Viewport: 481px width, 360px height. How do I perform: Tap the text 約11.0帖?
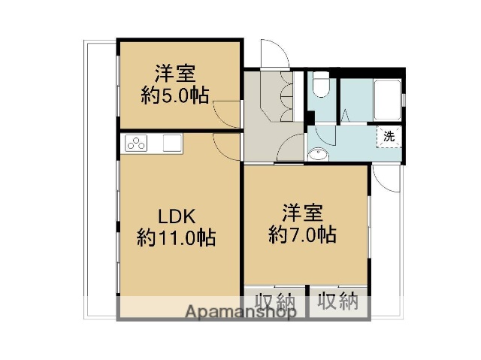coord(177,238)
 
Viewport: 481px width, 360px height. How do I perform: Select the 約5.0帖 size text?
coord(175,95)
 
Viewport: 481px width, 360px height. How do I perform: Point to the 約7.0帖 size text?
coord(303,234)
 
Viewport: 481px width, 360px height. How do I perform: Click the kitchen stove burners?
coord(136,143)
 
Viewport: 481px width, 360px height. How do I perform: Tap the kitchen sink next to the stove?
coord(171,142)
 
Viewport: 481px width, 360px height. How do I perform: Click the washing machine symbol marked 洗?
coord(388,137)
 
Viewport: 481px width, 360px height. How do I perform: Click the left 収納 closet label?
coord(274,302)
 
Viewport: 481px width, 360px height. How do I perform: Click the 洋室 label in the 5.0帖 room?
coord(175,74)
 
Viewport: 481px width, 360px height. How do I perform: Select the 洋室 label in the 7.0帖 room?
coord(303,211)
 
